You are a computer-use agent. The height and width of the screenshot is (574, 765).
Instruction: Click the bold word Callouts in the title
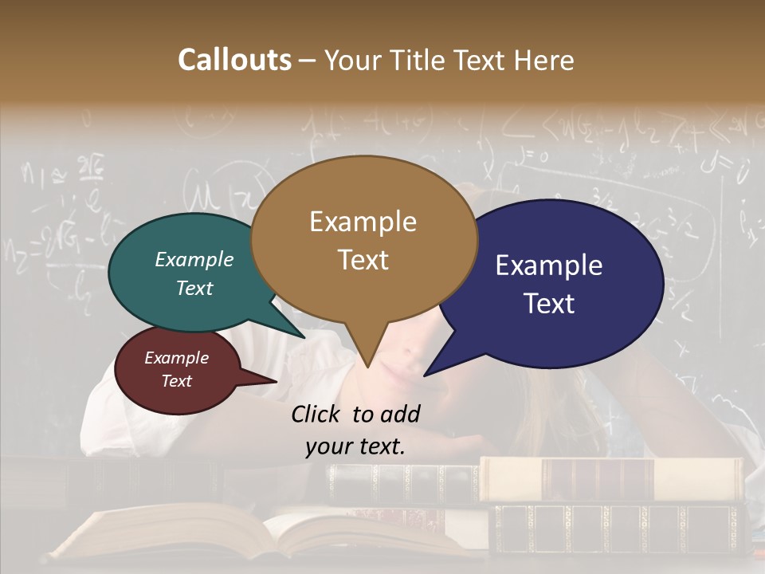pos(234,60)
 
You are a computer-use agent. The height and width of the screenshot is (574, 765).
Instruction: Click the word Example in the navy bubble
pos(549,265)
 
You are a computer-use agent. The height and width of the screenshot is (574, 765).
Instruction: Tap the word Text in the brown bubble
pos(363,260)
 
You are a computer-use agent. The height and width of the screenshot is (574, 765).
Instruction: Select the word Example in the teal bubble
pos(194,259)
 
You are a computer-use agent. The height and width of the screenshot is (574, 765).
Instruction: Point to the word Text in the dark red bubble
pos(177,381)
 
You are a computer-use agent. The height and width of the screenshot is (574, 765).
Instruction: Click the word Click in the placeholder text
pos(318,414)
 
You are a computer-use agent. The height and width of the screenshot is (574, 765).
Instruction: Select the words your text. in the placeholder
pos(355,446)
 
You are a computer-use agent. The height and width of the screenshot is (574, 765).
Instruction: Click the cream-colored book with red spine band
pos(606,478)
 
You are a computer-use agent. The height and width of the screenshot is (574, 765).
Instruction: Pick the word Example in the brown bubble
pos(363,222)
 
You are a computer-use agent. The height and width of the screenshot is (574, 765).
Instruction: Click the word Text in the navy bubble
pos(550,304)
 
